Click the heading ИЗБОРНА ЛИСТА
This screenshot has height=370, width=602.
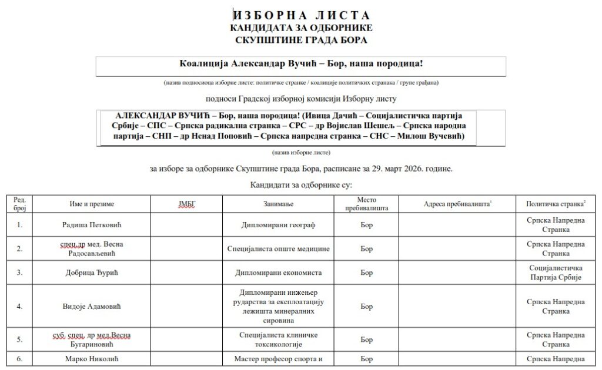(302, 15)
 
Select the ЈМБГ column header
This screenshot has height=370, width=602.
(186, 204)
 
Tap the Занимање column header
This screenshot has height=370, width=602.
(278, 204)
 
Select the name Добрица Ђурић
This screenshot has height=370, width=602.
(88, 273)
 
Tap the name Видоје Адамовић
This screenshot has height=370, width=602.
(88, 306)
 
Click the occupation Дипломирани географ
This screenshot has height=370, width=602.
(278, 224)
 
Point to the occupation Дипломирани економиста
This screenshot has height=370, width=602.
(278, 273)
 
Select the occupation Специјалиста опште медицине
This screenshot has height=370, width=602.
(278, 248)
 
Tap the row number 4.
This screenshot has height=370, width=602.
(20, 306)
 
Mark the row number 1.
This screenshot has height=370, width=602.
(20, 224)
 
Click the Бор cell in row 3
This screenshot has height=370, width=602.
(366, 273)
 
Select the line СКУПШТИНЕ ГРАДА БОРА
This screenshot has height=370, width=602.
(301, 40)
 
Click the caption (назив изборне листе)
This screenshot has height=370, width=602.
(301, 153)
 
